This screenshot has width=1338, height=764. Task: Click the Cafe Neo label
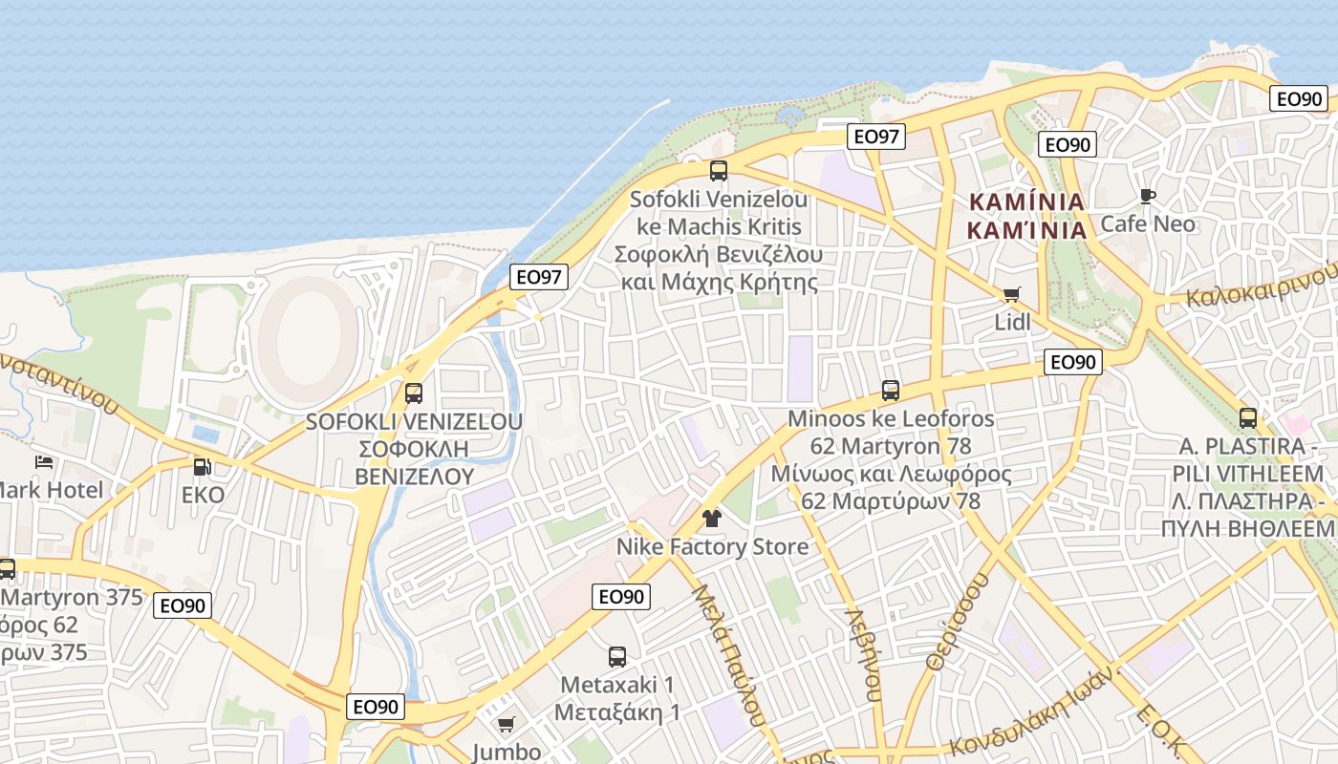1148,224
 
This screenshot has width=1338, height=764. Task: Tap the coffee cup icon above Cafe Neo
1148,197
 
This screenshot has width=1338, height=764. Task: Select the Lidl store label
1012,323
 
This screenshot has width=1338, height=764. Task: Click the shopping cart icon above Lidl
1012,294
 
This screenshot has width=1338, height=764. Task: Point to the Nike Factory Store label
712,547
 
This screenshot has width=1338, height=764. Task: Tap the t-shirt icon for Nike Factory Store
712,519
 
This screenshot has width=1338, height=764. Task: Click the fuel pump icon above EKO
203,467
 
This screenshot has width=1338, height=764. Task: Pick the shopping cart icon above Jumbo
507,725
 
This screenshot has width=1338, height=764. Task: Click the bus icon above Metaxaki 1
617,657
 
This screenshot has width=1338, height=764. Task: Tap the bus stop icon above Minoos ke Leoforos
891,391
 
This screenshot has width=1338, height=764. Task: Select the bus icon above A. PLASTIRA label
1248,418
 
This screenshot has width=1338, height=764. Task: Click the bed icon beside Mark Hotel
44,462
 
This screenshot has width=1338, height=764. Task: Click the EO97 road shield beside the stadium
540,277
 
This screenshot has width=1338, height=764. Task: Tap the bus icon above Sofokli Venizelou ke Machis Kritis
719,171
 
